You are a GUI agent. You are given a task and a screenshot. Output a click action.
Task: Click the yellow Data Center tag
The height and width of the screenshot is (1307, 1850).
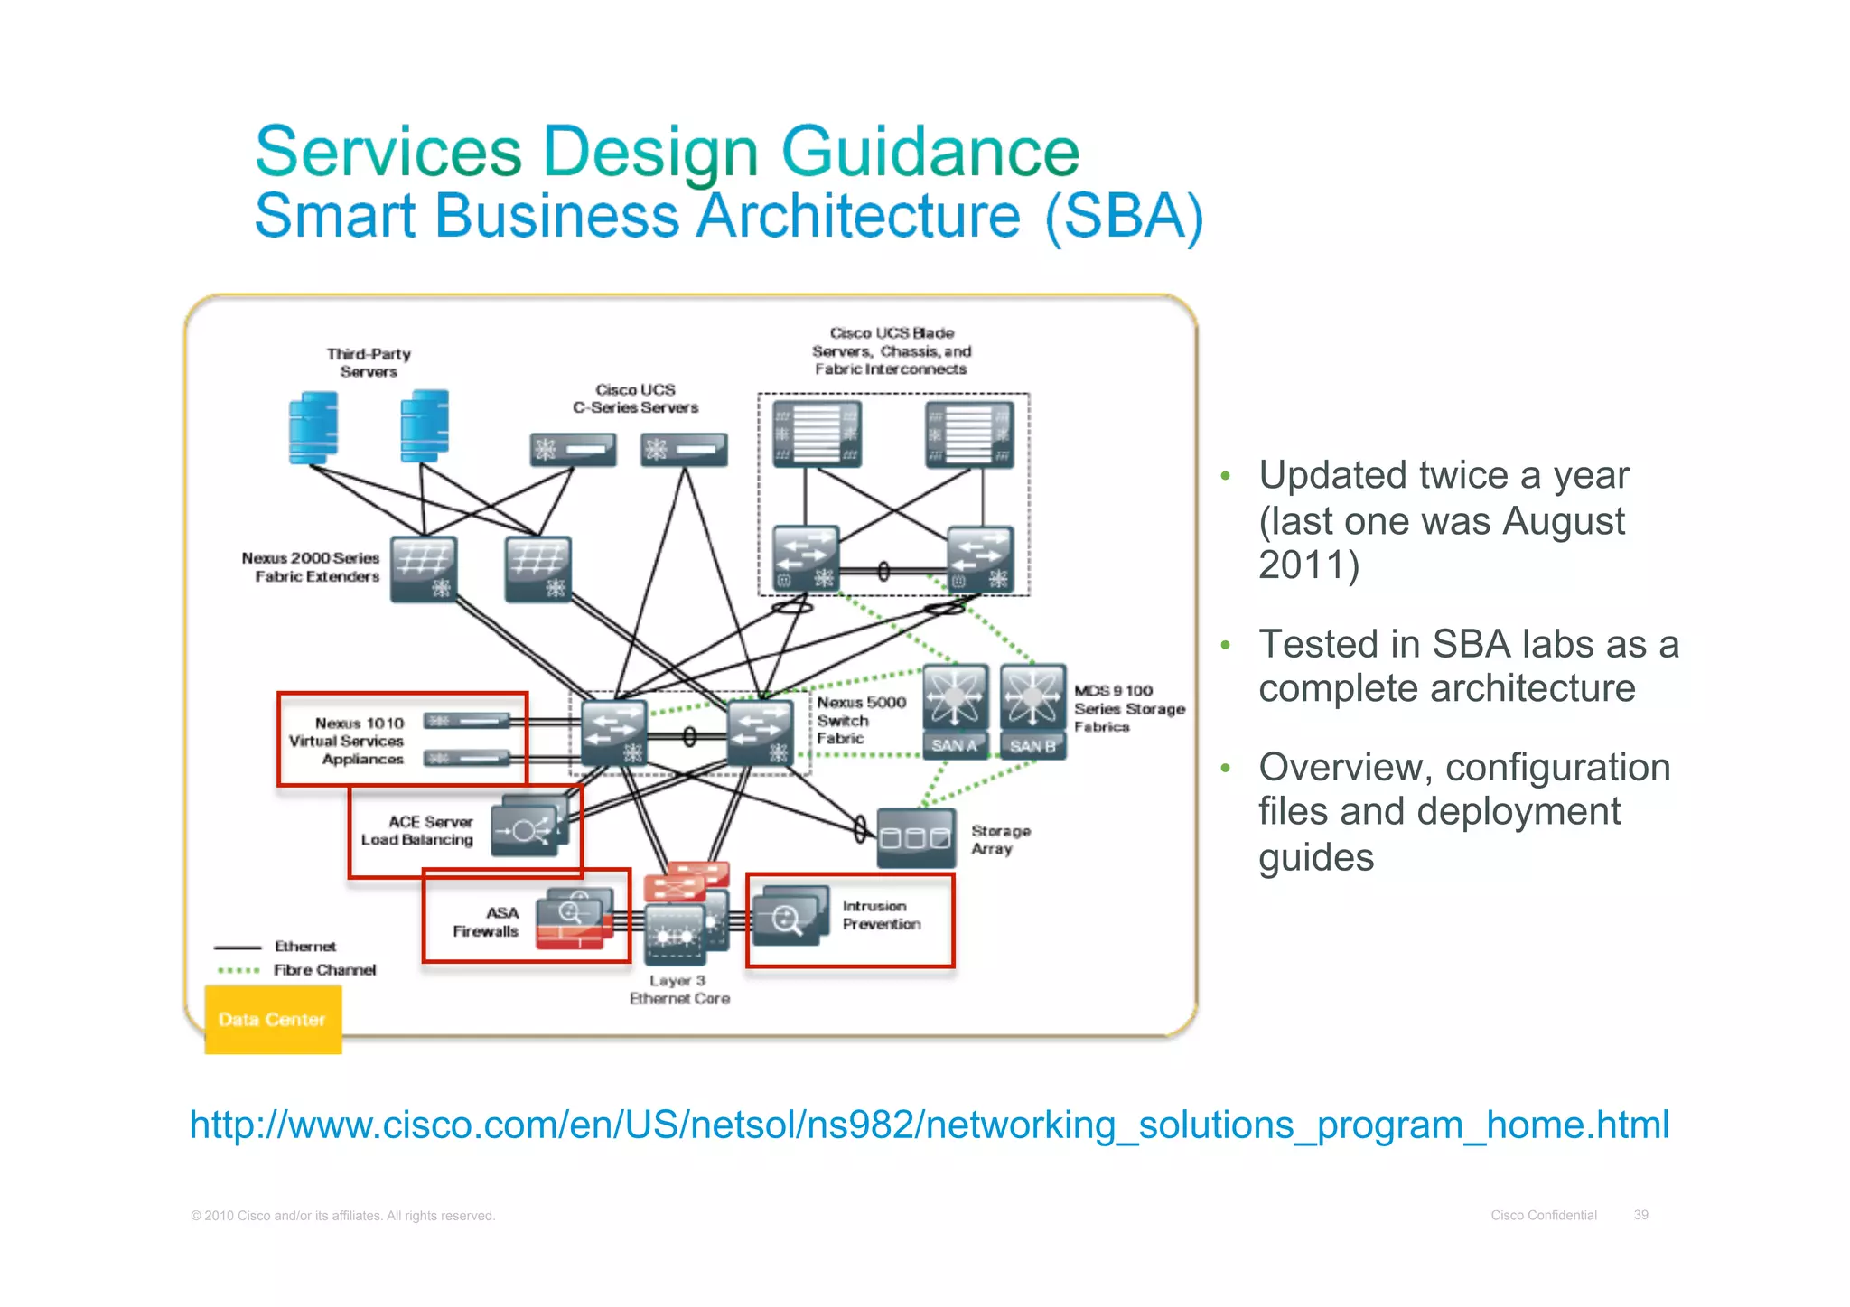coord(272,1019)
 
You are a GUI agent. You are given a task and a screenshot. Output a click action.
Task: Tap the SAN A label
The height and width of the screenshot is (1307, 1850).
coord(954,745)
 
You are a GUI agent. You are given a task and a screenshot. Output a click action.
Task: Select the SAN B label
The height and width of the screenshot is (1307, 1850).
coord(1032,746)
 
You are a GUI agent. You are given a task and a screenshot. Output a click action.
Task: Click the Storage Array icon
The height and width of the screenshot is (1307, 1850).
coord(916,837)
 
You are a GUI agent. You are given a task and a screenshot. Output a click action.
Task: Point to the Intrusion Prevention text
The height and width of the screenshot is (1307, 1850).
coord(881,915)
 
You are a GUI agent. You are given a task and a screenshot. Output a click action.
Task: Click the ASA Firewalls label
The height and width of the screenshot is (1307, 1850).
coord(486,922)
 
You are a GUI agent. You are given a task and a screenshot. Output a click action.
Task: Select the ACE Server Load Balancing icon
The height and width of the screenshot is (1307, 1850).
coord(529,827)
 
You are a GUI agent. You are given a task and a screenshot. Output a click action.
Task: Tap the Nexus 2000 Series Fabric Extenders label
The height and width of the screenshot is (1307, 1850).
coord(311,567)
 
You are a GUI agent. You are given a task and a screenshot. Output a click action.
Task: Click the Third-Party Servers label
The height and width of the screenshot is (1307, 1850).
coord(369,362)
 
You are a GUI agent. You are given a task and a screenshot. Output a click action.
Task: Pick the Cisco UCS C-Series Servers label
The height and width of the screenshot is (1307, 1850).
coord(635,398)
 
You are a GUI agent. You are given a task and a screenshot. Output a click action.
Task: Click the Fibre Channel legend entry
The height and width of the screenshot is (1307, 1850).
coord(324,970)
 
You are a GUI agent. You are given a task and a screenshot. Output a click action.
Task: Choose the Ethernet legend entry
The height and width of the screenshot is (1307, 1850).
coord(304,947)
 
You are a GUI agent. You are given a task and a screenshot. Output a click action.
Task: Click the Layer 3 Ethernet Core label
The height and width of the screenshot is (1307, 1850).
coord(679,989)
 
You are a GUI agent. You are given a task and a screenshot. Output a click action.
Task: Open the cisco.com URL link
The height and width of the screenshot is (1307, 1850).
coord(929,1125)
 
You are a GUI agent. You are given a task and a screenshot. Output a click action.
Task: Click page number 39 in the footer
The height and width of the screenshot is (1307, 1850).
coord(1640,1215)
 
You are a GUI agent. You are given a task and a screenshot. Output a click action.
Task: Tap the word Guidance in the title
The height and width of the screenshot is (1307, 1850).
coord(930,152)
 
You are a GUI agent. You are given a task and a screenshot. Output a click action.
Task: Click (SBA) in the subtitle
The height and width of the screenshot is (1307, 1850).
coord(1124,217)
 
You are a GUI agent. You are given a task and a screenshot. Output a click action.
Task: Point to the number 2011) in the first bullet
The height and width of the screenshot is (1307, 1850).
coord(1308,565)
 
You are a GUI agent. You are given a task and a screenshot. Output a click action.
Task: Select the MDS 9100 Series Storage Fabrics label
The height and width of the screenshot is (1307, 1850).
coord(1128,708)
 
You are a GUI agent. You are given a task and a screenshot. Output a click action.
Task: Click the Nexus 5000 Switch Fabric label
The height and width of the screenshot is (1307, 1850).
coord(860,720)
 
